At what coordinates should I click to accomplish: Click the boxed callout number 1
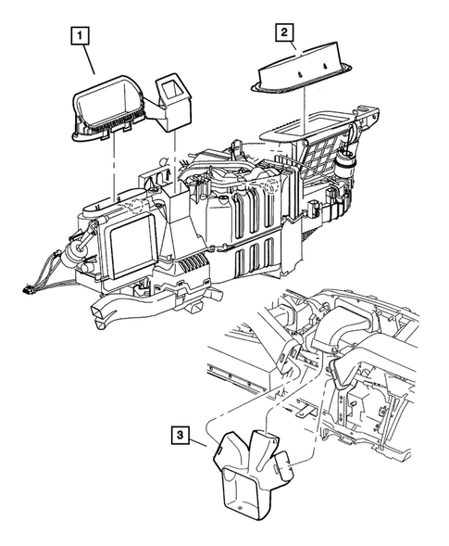click(84, 38)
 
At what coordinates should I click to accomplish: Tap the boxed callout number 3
click(182, 433)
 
